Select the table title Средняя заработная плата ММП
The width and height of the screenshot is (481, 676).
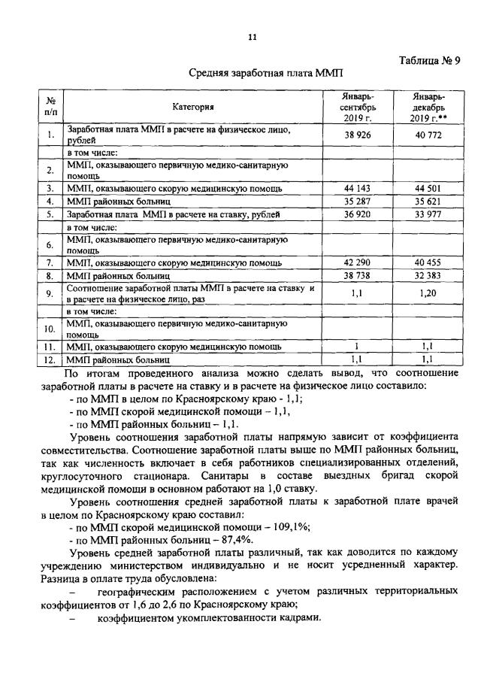tap(264, 74)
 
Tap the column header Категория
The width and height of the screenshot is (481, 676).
tap(192, 108)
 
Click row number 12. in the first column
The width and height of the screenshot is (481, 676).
tap(49, 360)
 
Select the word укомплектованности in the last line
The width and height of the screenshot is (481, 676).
tap(225, 618)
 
